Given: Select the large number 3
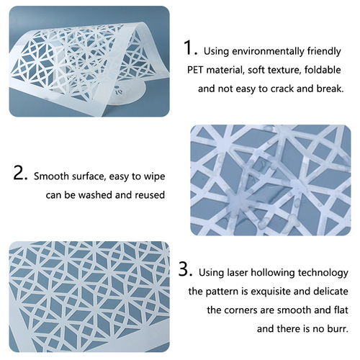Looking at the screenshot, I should (x=186, y=271).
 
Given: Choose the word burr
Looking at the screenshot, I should (x=338, y=330).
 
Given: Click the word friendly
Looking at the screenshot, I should (x=321, y=52).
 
